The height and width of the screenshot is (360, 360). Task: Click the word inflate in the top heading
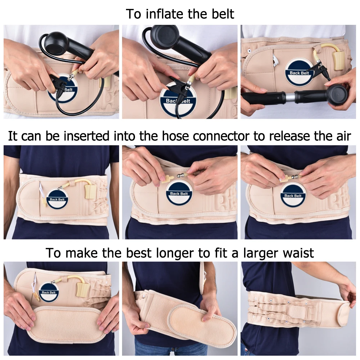pos(164,14)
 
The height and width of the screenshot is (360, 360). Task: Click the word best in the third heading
pos(139,253)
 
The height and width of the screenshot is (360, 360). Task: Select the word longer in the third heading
pos(177,253)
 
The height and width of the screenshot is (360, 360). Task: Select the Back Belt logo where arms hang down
pos(58,199)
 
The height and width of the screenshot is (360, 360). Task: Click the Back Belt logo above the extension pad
pos(49,292)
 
